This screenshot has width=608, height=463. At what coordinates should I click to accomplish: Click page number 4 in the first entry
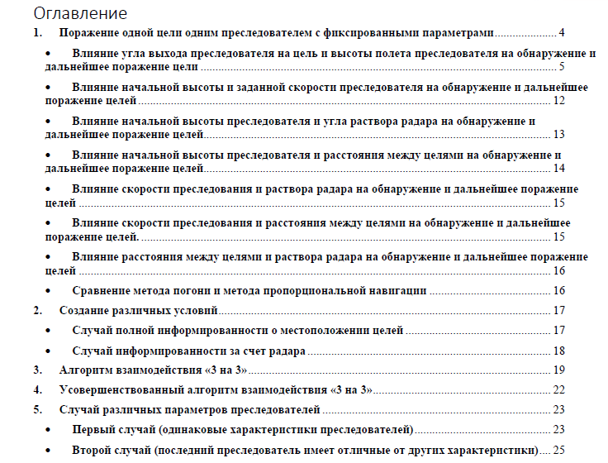(x=561, y=33)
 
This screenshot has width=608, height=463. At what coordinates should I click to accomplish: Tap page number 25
(x=558, y=451)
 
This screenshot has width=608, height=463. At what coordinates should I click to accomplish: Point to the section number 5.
(x=36, y=410)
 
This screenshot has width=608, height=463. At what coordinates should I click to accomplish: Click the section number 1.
(x=36, y=33)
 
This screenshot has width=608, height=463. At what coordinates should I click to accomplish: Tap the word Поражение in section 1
(x=92, y=33)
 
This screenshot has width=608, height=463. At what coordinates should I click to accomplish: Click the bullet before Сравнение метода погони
(x=50, y=291)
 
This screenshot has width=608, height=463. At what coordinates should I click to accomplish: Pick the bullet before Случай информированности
(x=50, y=351)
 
